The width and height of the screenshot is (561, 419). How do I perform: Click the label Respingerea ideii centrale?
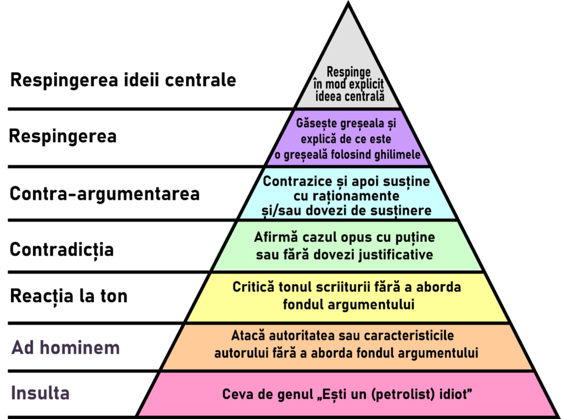pos(123,80)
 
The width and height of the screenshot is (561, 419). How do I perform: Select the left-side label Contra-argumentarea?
pos(105,194)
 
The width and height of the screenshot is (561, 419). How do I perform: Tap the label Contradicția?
pos(61,250)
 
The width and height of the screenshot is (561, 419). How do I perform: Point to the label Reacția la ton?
pos(68,296)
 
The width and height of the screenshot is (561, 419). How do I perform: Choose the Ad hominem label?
pos(66,348)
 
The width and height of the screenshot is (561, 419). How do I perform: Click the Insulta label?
pos(40,393)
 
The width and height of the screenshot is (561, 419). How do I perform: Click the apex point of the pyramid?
pos(348,3)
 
